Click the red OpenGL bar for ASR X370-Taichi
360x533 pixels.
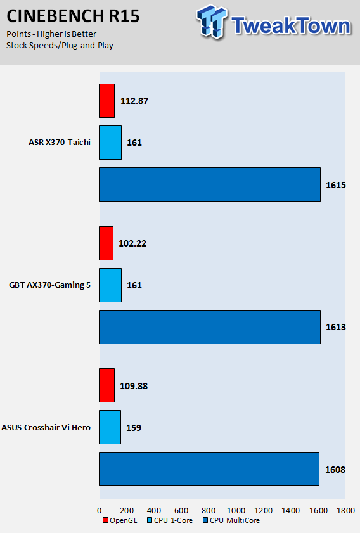pyautogui.click(x=106, y=101)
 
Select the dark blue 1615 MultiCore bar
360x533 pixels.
pyautogui.click(x=210, y=184)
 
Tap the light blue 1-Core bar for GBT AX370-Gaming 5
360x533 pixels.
pyautogui.click(x=110, y=285)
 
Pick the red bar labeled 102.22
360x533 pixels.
pyautogui.click(x=106, y=243)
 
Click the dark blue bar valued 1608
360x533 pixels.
pyautogui.click(x=209, y=469)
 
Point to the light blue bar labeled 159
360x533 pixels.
pyautogui.click(x=110, y=427)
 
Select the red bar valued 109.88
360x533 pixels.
pyautogui.click(x=106, y=385)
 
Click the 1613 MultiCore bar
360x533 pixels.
pyautogui.click(x=210, y=327)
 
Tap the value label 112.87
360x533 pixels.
pyautogui.click(x=134, y=101)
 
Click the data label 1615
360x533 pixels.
pyautogui.click(x=336, y=185)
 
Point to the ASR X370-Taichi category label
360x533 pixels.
pyautogui.click(x=60, y=143)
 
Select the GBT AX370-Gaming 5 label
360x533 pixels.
pyautogui.click(x=49, y=285)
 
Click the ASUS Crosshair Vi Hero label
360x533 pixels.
pyautogui.click(x=46, y=427)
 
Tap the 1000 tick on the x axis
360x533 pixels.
pyautogui.click(x=236, y=511)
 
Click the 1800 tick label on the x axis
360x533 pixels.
pyautogui.click(x=345, y=511)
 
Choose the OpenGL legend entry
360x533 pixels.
pyautogui.click(x=120, y=520)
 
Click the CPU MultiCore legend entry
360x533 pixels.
pyautogui.click(x=231, y=520)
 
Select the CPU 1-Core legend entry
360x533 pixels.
pyautogui.click(x=170, y=520)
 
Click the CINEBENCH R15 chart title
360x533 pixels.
pyautogui.click(x=73, y=16)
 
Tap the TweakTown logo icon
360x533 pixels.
pyautogui.click(x=212, y=21)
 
